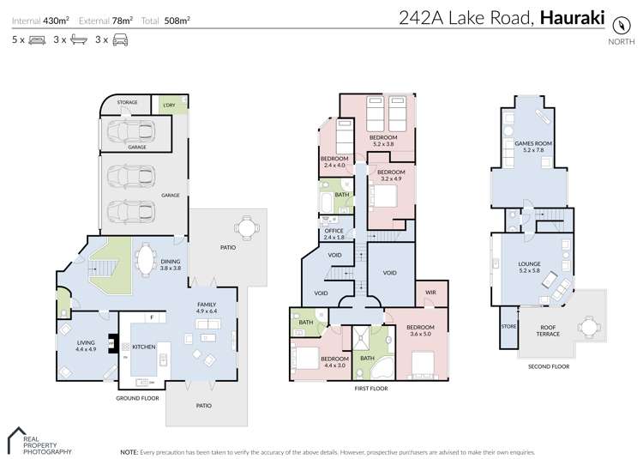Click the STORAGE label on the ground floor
(x=128, y=103)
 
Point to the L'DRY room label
(x=167, y=106)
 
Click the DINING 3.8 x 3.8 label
(x=170, y=265)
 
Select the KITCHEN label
(x=142, y=347)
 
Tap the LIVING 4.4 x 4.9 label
(x=86, y=346)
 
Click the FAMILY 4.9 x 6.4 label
(x=207, y=308)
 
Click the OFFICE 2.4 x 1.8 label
(x=334, y=233)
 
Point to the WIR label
(x=431, y=293)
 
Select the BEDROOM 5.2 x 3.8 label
(x=383, y=141)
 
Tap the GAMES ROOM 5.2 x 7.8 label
(x=528, y=148)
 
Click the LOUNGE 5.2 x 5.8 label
(x=528, y=267)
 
